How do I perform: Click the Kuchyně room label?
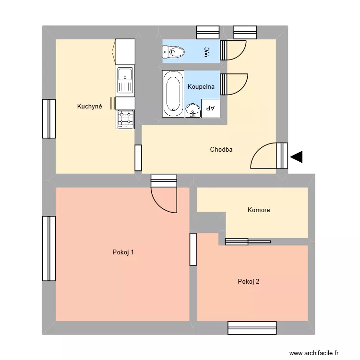point(90,107)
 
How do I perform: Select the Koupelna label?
point(201,87)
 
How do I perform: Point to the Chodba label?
point(221,150)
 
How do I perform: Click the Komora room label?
point(259,210)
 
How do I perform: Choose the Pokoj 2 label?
point(249,282)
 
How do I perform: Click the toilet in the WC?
point(174,51)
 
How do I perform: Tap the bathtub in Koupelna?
point(173,93)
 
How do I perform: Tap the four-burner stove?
point(125,119)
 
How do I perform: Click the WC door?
point(234,50)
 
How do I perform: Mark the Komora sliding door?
point(248,242)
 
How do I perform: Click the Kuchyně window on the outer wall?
point(48,119)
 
